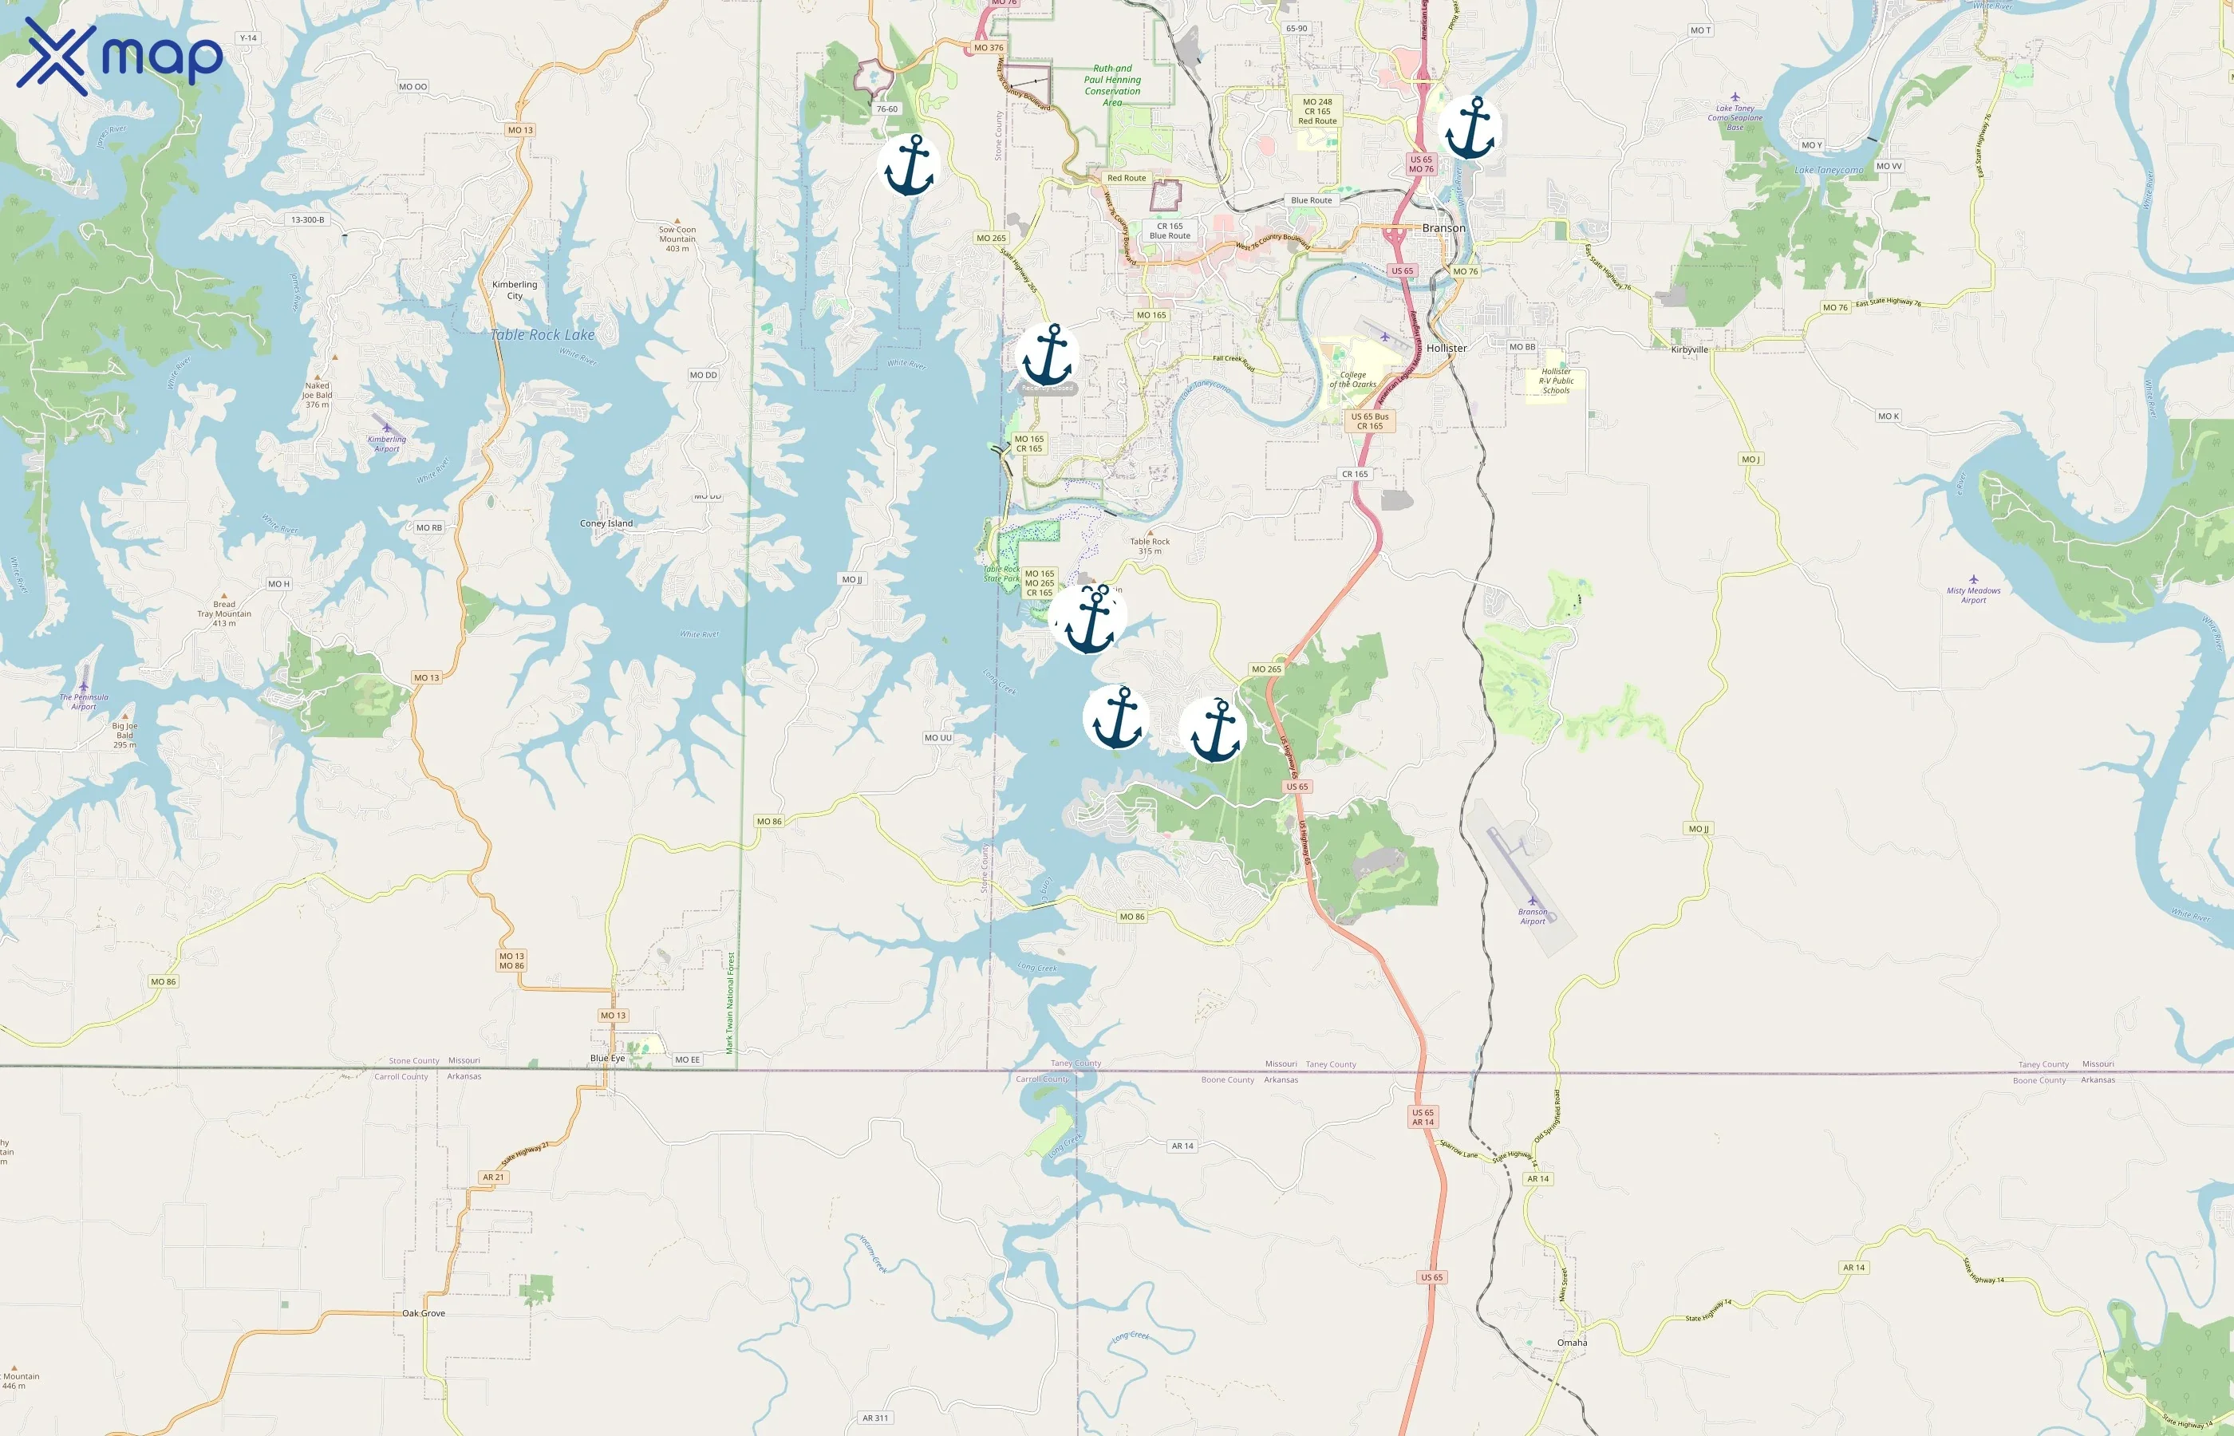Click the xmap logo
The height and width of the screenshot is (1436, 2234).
click(120, 56)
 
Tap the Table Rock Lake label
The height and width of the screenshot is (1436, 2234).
click(543, 335)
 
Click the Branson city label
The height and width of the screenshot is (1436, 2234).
click(1443, 228)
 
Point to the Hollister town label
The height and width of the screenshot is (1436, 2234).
click(1447, 348)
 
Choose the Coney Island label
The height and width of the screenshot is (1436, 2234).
click(606, 523)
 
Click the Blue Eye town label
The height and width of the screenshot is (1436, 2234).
click(607, 1059)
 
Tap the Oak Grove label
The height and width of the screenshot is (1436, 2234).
click(424, 1313)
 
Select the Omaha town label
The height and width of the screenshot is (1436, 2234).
click(1572, 1343)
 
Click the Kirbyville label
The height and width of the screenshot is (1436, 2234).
click(1690, 349)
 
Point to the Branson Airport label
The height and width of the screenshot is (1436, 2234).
click(1533, 916)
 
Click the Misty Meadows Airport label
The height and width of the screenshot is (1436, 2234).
click(1973, 594)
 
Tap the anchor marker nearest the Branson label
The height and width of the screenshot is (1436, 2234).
click(1470, 128)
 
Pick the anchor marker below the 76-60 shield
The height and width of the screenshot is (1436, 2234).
click(909, 166)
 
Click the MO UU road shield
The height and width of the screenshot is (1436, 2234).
click(938, 738)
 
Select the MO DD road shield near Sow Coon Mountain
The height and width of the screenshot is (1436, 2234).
click(703, 375)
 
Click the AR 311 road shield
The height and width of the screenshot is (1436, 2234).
click(874, 1418)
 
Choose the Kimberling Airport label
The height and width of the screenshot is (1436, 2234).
click(387, 443)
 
